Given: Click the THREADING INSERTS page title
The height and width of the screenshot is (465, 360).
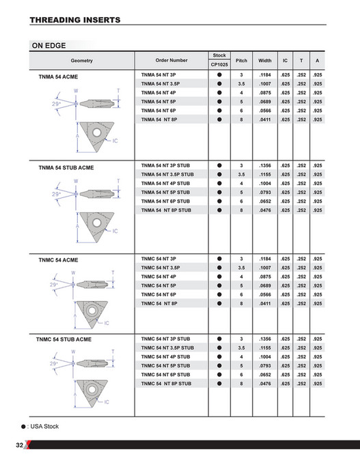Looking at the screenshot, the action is point(75,20).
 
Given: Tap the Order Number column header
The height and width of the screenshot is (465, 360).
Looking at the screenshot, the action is point(171,60).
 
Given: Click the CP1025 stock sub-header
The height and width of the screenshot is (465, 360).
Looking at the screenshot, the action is point(219,65).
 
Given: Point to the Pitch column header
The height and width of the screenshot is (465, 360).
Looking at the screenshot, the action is point(241,60).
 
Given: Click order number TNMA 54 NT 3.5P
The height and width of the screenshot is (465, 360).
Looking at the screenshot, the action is point(161,83).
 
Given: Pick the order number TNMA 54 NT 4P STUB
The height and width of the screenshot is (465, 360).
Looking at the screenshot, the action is point(165,184).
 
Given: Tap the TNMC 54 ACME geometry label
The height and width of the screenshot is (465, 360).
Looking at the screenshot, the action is point(58,260).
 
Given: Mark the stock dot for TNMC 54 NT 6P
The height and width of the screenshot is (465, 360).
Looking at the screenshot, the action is point(219,294).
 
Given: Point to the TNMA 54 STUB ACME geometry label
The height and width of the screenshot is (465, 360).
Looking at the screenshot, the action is point(66,167).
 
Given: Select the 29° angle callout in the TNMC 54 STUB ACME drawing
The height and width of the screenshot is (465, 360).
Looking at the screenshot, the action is point(54,364).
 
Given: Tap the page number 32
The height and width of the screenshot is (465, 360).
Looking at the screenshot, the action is point(20,445).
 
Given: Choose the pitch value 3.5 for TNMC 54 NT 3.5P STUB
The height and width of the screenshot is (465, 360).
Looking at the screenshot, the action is point(241,348).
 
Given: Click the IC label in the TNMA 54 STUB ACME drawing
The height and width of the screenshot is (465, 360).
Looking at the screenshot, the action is point(113,231).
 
